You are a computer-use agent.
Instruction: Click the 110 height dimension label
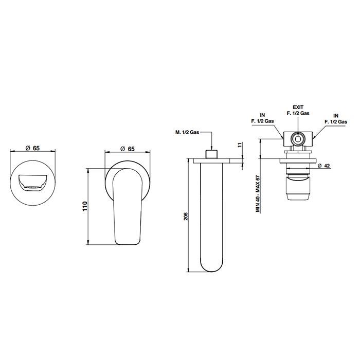coord(85,206)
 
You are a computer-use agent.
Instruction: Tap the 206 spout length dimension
coord(186,217)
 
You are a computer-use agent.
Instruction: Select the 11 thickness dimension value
coord(240,145)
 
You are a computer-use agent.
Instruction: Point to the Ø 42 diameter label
coord(324,166)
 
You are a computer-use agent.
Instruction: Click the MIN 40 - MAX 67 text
coord(258,194)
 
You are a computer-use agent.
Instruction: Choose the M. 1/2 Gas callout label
coord(187,132)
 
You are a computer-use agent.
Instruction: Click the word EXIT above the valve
coord(298,107)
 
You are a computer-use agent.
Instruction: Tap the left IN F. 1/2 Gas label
coord(262,118)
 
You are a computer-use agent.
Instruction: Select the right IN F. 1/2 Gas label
coord(336,119)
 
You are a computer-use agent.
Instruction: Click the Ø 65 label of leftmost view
coord(32,148)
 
